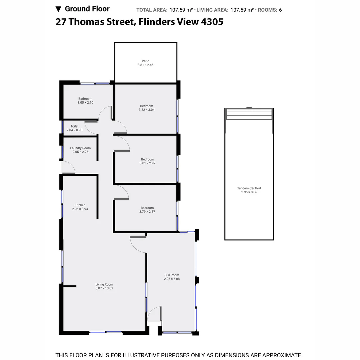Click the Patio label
[x=145, y=61]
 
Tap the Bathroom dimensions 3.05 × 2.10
[x=85, y=103]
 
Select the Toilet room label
[x=74, y=126]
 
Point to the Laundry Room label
[x=80, y=148]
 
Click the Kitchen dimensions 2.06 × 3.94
[x=80, y=209]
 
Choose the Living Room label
[x=104, y=284]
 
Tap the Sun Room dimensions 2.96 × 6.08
[x=172, y=279]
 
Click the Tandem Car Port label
[x=249, y=188]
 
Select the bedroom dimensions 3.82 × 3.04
[x=147, y=110]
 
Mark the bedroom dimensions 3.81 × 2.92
[x=147, y=163]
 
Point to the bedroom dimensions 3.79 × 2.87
[x=147, y=212]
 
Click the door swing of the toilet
[x=91, y=127]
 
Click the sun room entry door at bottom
[x=155, y=314]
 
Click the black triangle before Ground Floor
[x=58, y=9]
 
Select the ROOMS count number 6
[x=280, y=10]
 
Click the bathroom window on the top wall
[x=95, y=83]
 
